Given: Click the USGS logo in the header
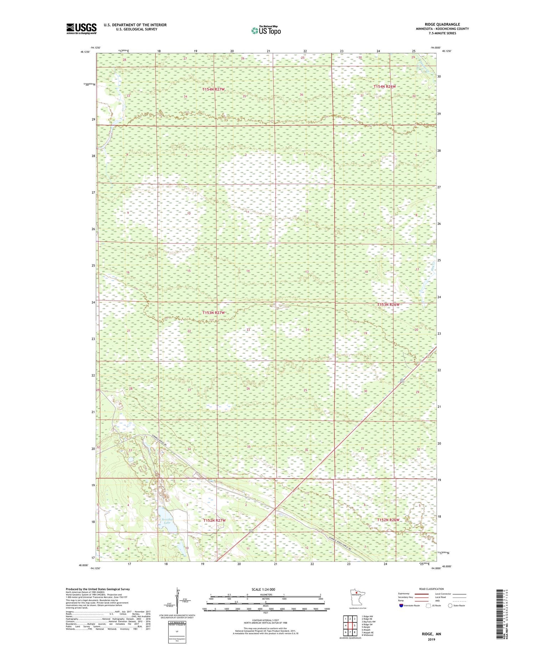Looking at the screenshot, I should (x=81, y=29).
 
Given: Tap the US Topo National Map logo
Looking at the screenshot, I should (x=266, y=31).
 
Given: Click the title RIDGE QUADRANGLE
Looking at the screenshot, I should (x=442, y=24).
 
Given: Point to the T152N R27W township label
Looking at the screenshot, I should (x=214, y=521).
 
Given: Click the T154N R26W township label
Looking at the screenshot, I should (x=384, y=87).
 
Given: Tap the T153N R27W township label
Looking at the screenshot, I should (x=214, y=313).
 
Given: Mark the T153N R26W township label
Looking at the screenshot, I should (x=388, y=305).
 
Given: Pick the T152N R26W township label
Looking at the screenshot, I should (x=388, y=520).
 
